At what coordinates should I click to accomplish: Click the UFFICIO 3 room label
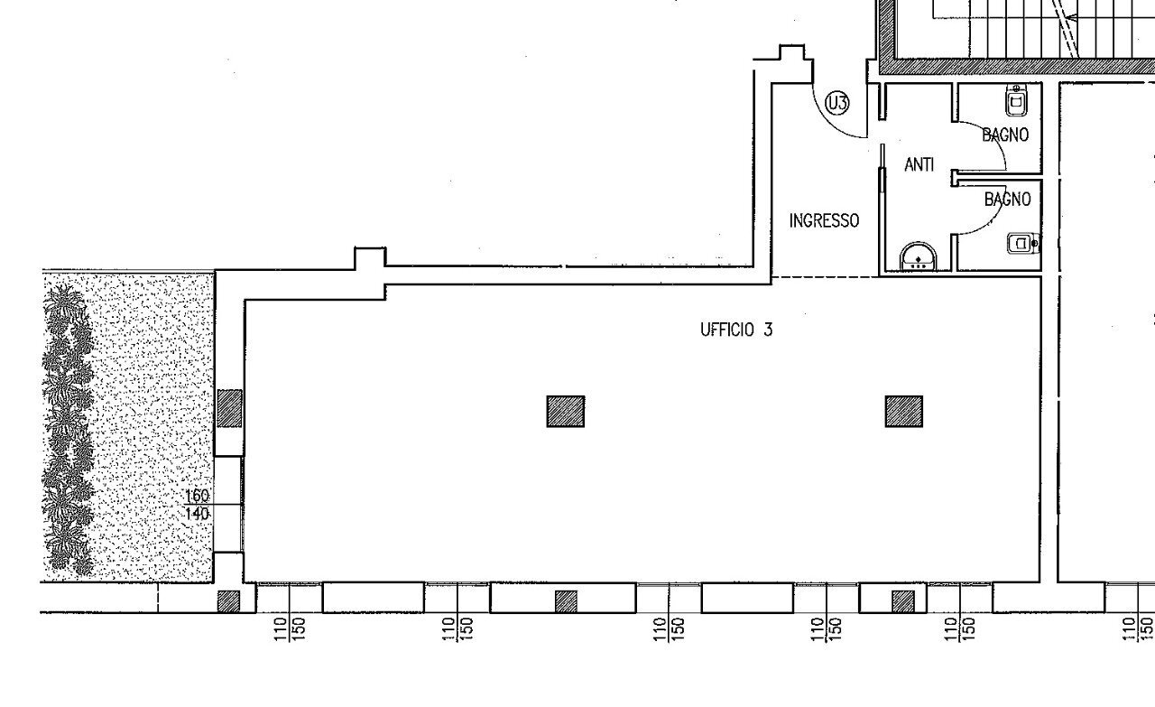click(x=736, y=330)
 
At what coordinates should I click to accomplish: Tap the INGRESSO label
click(x=824, y=220)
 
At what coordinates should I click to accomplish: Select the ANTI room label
click(x=919, y=165)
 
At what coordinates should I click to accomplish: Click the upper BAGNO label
click(x=1005, y=135)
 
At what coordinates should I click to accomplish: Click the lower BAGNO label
click(x=1007, y=200)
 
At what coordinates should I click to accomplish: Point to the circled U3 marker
click(x=838, y=104)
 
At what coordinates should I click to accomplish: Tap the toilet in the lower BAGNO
click(x=1021, y=243)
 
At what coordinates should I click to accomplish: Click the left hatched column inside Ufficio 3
click(x=566, y=412)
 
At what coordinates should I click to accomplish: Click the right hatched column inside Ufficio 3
click(x=903, y=412)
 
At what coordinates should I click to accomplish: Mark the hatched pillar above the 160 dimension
click(x=230, y=408)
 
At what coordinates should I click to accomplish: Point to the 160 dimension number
click(x=197, y=496)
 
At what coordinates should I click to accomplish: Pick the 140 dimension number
click(x=197, y=514)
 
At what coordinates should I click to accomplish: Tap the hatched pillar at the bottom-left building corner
click(x=229, y=601)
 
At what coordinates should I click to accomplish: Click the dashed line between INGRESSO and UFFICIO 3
click(x=826, y=277)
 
